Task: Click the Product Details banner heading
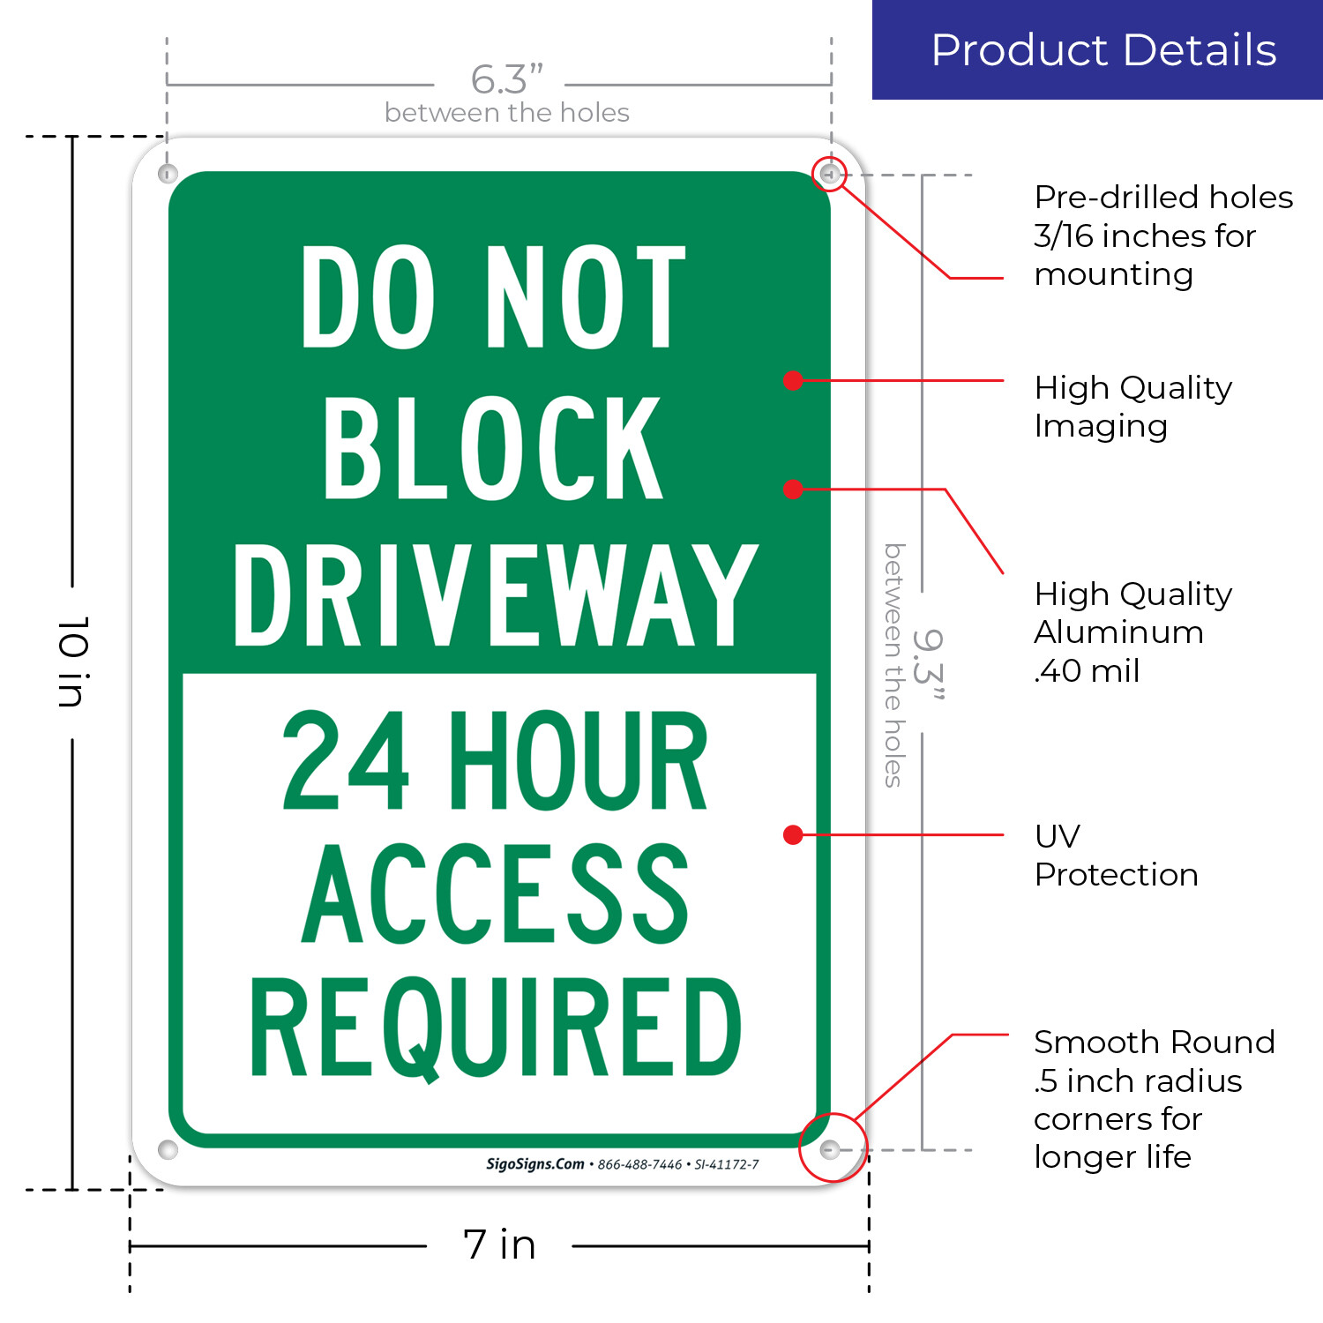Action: [x=1103, y=50]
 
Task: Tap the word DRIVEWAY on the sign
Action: [x=496, y=594]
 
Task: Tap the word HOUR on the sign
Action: [x=579, y=760]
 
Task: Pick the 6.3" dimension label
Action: [x=506, y=79]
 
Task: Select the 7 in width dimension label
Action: [x=499, y=1245]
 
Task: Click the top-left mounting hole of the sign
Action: [x=168, y=174]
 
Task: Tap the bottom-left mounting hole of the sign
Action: [x=168, y=1149]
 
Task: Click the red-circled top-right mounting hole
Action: [x=828, y=174]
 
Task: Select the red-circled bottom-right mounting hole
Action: [x=829, y=1149]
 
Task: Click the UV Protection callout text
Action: [x=1116, y=855]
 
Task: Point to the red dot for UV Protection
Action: [x=793, y=834]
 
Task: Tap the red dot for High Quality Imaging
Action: [x=793, y=380]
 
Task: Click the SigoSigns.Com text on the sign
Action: [x=535, y=1164]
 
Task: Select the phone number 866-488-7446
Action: [x=639, y=1165]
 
